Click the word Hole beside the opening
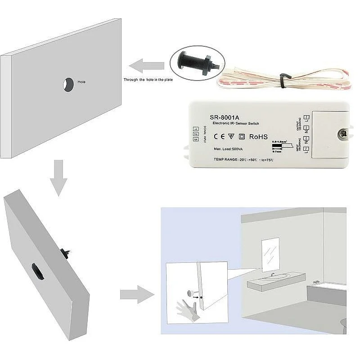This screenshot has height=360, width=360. tap(81, 82)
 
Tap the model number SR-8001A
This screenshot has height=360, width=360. tap(225, 113)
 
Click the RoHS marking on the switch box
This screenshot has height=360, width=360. tap(258, 136)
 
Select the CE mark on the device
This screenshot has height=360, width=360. tap(218, 136)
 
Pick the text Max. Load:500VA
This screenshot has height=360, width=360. tap(229, 149)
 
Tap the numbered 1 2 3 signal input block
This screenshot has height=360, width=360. tap(195, 134)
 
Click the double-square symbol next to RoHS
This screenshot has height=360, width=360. tap(241, 136)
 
